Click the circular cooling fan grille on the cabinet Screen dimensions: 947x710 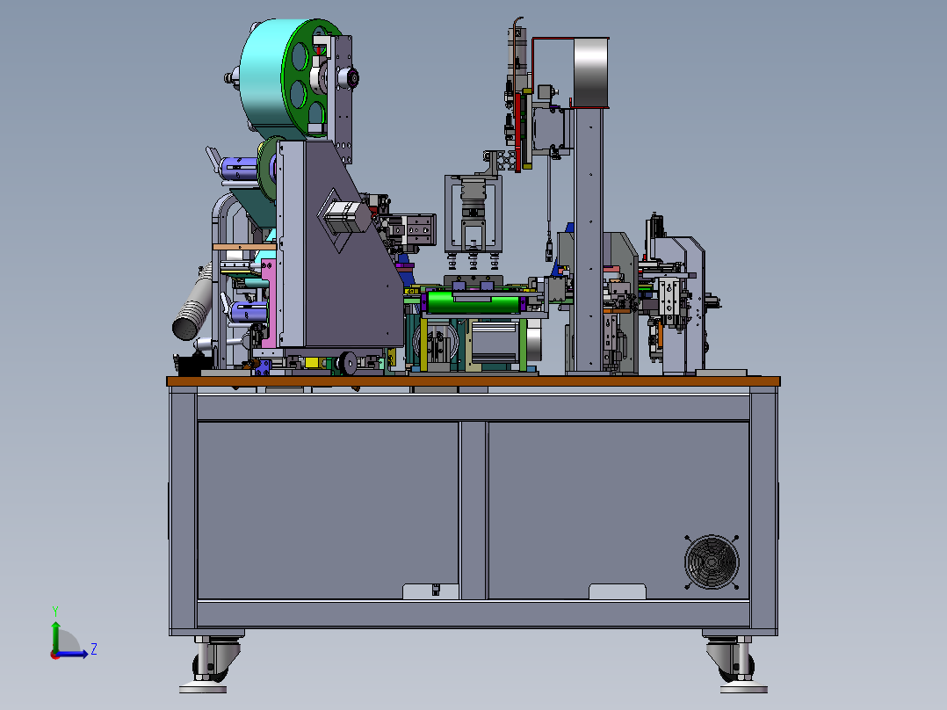pyautogui.click(x=712, y=561)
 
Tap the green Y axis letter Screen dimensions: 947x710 pyautogui.click(x=55, y=611)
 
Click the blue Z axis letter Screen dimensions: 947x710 pyautogui.click(x=94, y=649)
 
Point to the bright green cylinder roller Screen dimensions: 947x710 pyautogui.click(x=471, y=301)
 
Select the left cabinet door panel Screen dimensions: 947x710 pyautogui.click(x=328, y=511)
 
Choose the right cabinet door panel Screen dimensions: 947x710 pyautogui.click(x=618, y=511)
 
